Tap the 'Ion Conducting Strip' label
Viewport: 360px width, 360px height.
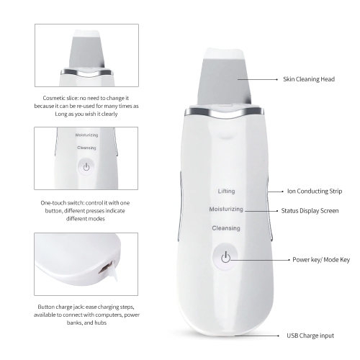coord(311,192)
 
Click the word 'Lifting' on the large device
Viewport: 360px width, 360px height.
coord(226,192)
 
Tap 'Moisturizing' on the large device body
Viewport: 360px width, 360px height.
coord(226,210)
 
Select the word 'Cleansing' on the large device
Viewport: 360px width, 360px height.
coord(225,228)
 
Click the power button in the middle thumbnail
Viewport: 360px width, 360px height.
coord(86,167)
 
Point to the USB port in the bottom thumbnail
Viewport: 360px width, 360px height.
coord(106,268)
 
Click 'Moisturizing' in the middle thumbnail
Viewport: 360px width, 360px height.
coord(86,135)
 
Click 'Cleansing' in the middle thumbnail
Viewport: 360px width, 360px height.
coord(86,148)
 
